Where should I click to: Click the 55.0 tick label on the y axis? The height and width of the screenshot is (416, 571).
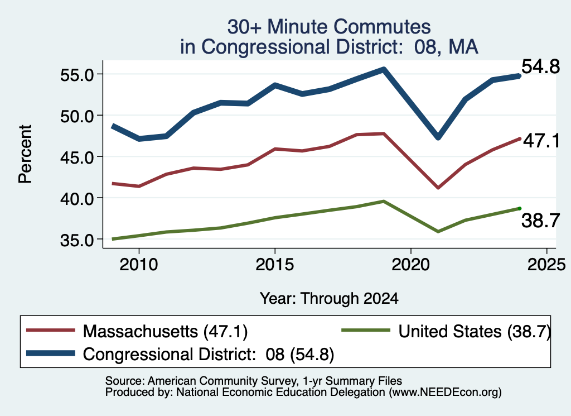(77, 75)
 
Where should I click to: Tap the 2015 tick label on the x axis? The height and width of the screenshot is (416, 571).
(274, 265)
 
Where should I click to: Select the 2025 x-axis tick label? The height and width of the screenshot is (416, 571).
(546, 265)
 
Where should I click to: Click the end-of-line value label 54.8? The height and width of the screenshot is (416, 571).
(540, 66)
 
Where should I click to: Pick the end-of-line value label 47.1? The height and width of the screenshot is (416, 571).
(541, 141)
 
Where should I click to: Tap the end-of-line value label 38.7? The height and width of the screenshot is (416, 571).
(540, 221)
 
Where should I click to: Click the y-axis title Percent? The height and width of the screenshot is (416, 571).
(25, 154)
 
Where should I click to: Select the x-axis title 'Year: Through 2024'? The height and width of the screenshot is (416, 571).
(329, 298)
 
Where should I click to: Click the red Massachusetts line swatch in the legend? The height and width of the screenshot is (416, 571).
(51, 331)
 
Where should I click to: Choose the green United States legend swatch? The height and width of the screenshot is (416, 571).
(366, 331)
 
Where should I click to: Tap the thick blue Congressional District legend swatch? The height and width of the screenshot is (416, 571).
(51, 353)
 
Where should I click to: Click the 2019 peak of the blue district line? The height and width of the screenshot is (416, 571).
(384, 69)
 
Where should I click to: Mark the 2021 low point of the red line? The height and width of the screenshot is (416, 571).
(438, 188)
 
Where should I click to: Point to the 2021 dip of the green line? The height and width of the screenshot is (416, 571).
(438, 232)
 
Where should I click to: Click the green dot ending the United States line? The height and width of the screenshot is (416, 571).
(520, 208)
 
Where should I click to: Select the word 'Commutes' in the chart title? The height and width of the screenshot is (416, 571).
(382, 27)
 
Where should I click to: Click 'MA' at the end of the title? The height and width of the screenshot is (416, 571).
(463, 47)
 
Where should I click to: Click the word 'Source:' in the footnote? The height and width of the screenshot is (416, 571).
(125, 381)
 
